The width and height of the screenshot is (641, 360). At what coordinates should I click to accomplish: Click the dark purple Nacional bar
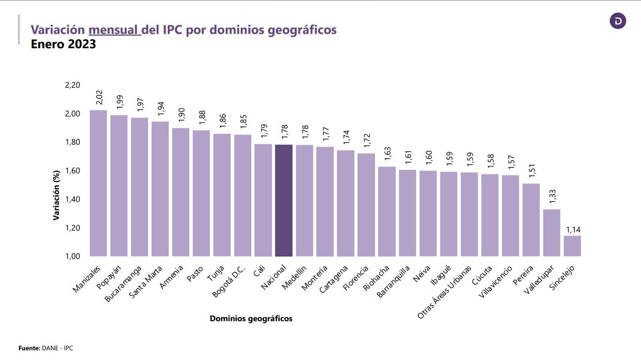[284, 200]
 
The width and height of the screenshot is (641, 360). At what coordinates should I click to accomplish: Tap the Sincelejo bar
[572, 246]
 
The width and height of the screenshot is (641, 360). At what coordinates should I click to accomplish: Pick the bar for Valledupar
[552, 233]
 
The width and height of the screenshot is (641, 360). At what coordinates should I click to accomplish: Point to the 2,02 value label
[99, 98]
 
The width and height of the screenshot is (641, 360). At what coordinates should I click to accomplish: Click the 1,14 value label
[573, 229]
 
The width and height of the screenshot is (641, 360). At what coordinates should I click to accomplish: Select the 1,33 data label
[552, 197]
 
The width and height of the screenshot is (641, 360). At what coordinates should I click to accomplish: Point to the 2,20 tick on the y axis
[73, 85]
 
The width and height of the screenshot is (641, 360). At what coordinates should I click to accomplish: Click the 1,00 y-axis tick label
[73, 256]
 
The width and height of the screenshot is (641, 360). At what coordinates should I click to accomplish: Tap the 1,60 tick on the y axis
[73, 171]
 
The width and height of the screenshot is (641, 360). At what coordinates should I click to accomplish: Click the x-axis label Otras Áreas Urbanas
[445, 292]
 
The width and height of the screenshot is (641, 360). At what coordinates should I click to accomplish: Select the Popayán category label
[109, 277]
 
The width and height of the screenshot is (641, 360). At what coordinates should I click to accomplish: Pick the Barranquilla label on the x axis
[393, 282]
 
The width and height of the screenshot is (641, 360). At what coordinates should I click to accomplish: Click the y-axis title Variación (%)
[56, 195]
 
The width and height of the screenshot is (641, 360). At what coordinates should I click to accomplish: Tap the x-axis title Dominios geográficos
[251, 319]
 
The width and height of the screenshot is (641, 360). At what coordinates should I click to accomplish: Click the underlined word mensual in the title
[114, 30]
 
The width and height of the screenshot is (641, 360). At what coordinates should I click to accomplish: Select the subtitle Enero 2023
[63, 44]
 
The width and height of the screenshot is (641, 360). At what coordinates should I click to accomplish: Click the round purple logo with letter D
[617, 21]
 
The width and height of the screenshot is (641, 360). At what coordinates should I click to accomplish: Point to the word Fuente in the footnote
[29, 348]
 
